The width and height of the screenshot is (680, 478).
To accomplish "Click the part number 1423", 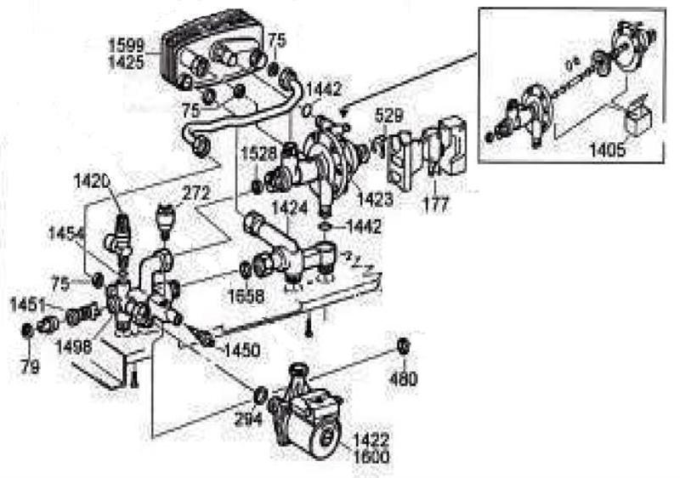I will click(375, 202).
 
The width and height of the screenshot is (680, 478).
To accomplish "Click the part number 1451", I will click(26, 304).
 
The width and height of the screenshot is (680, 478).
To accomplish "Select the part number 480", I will click(404, 378).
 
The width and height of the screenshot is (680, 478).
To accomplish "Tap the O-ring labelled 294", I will click(261, 394).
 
